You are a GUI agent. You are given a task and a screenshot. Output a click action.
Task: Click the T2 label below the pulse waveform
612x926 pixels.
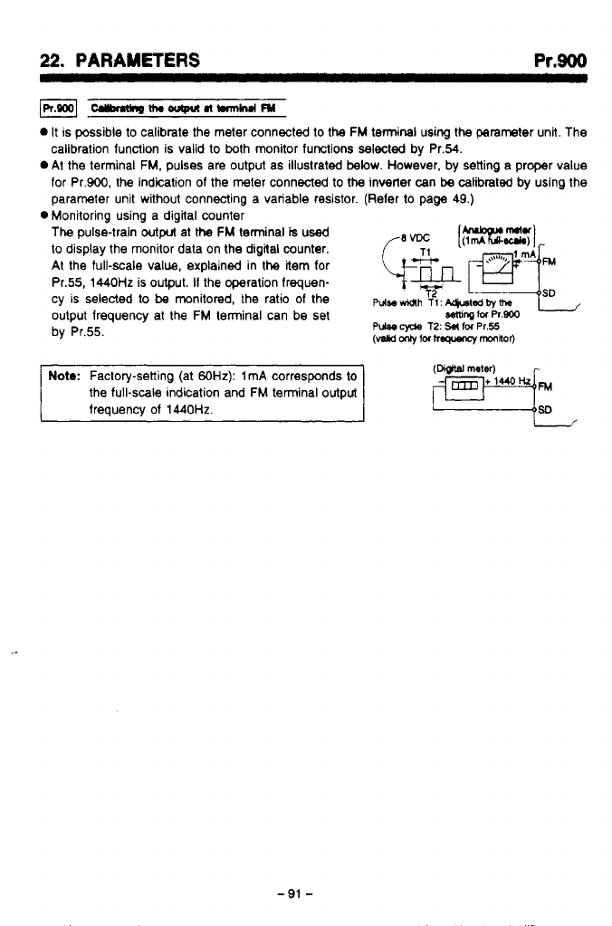433,292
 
